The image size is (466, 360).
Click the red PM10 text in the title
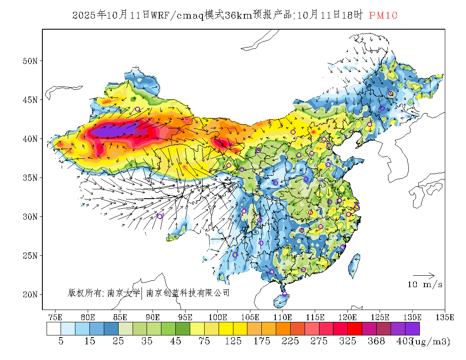coord(383,16)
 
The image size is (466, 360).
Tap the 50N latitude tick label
coord(31,61)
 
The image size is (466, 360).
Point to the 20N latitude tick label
coord(31,294)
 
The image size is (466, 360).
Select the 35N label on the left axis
coord(31,177)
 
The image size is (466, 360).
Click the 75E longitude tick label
coord(55,317)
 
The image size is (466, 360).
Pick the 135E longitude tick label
coord(445,317)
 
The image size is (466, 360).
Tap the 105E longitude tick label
coord(250,317)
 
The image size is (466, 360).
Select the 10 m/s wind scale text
coord(425,285)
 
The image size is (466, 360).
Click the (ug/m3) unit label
coord(431,341)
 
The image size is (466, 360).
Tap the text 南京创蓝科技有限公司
coord(188,293)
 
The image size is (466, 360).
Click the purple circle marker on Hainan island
coord(285,294)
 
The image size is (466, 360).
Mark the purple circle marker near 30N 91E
coord(160,216)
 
